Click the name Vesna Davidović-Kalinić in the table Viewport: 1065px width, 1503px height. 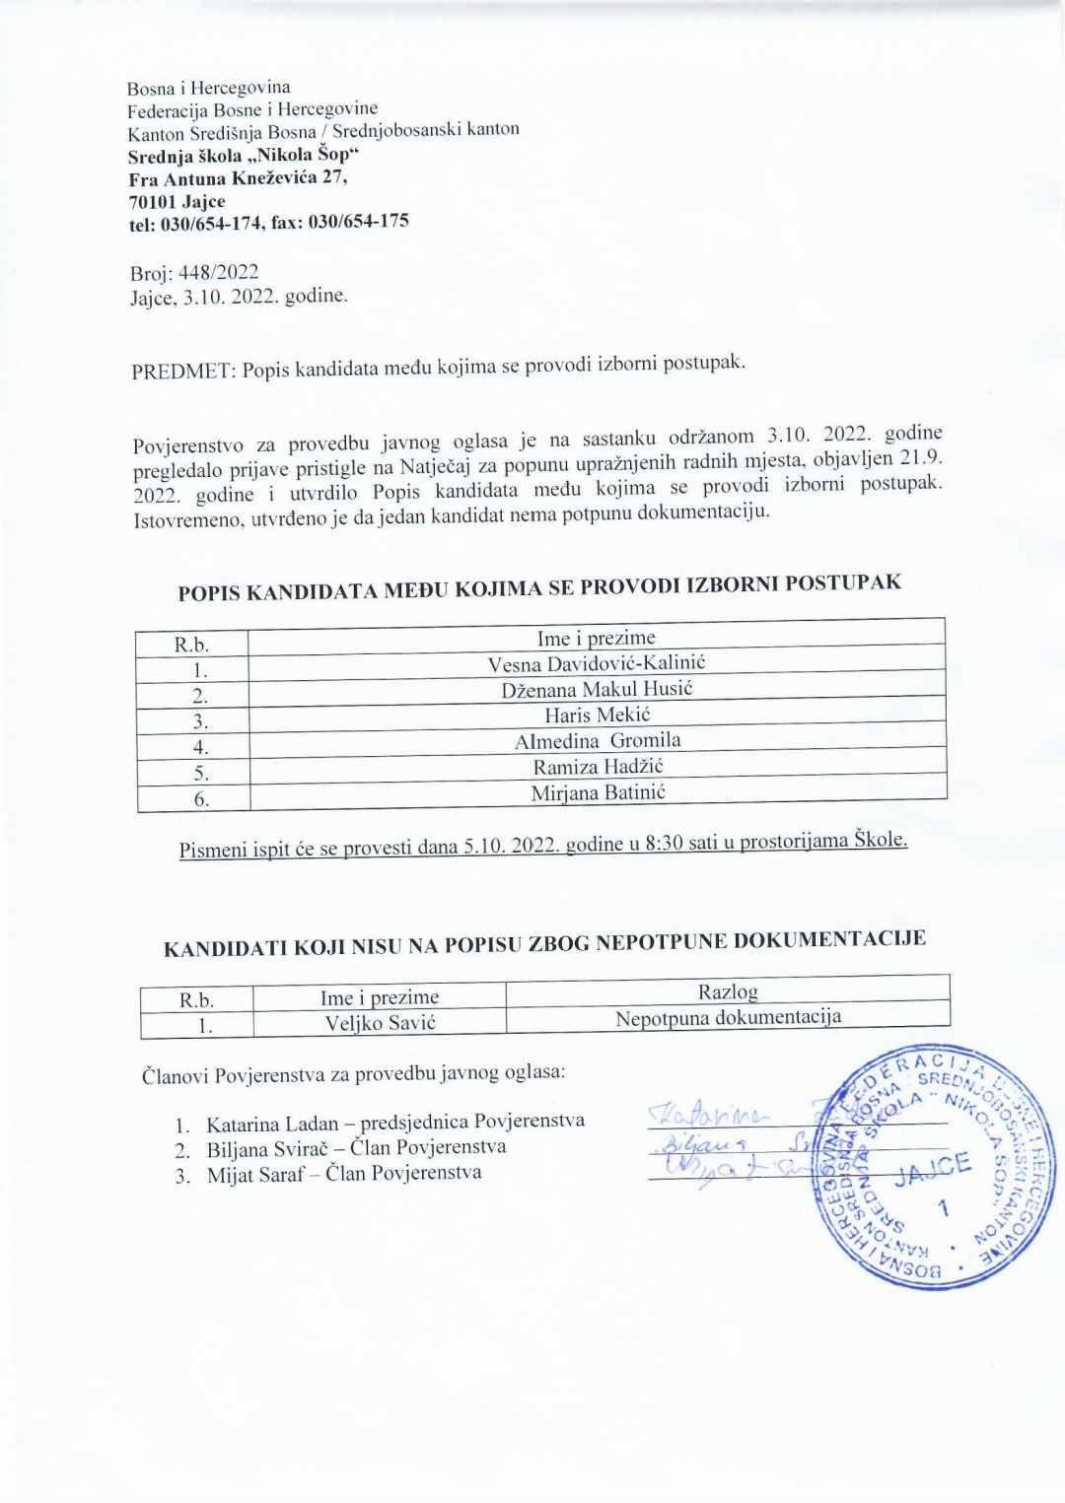pos(597,663)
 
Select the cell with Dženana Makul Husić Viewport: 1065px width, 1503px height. pos(597,689)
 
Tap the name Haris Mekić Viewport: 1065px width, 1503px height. pos(597,715)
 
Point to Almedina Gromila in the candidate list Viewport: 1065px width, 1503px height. pos(597,740)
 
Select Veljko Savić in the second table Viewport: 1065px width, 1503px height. pos(380,1023)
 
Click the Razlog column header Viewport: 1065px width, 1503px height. pos(728,991)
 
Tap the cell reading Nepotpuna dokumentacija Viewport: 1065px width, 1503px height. pos(728,1017)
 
